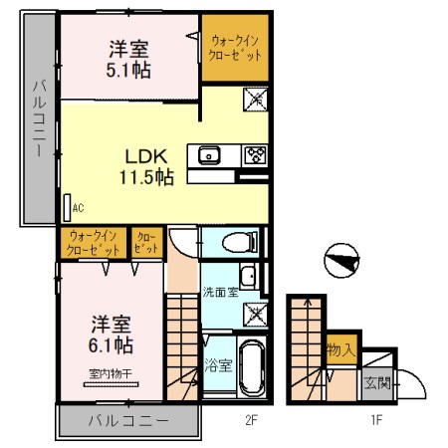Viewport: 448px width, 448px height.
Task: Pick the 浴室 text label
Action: [x=218, y=365]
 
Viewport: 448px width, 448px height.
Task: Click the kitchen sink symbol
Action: [x=210, y=154]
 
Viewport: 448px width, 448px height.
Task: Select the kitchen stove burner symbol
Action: [x=256, y=154]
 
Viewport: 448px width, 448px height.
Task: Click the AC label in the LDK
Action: [x=78, y=208]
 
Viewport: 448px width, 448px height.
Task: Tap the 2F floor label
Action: [x=252, y=420]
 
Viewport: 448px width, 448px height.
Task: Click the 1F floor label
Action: [x=378, y=420]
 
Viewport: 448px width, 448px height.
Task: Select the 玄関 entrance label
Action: [x=376, y=382]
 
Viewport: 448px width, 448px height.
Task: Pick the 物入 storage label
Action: [x=341, y=350]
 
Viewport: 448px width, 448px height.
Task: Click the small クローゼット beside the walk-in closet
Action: [x=144, y=242]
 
